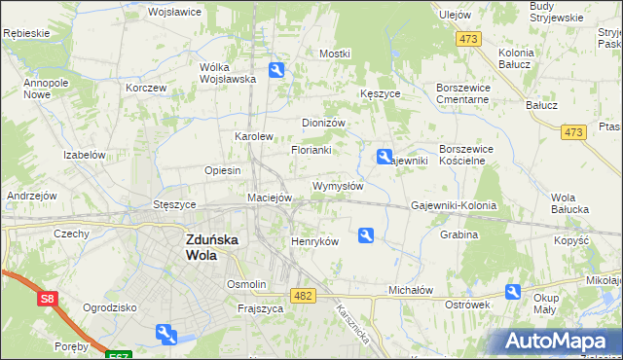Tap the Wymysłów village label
(338, 186)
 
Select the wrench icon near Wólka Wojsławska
(276, 70)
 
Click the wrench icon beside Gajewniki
(385, 156)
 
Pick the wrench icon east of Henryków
(366, 234)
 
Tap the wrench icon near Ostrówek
(513, 292)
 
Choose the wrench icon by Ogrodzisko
(165, 335)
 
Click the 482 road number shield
(303, 295)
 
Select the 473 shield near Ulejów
(469, 38)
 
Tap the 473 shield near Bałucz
(573, 131)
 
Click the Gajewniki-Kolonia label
(454, 206)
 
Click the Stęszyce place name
(175, 205)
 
